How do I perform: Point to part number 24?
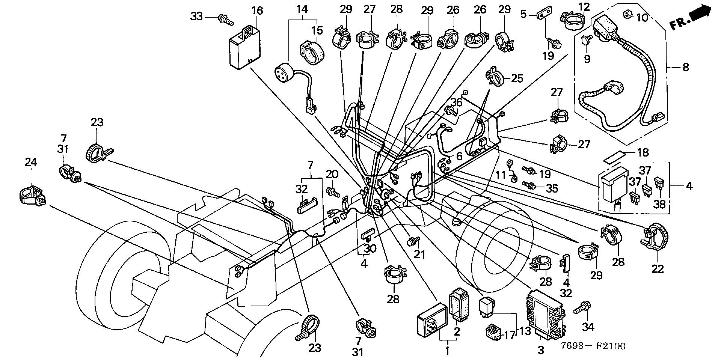(31, 163)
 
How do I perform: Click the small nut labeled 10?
(626, 15)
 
